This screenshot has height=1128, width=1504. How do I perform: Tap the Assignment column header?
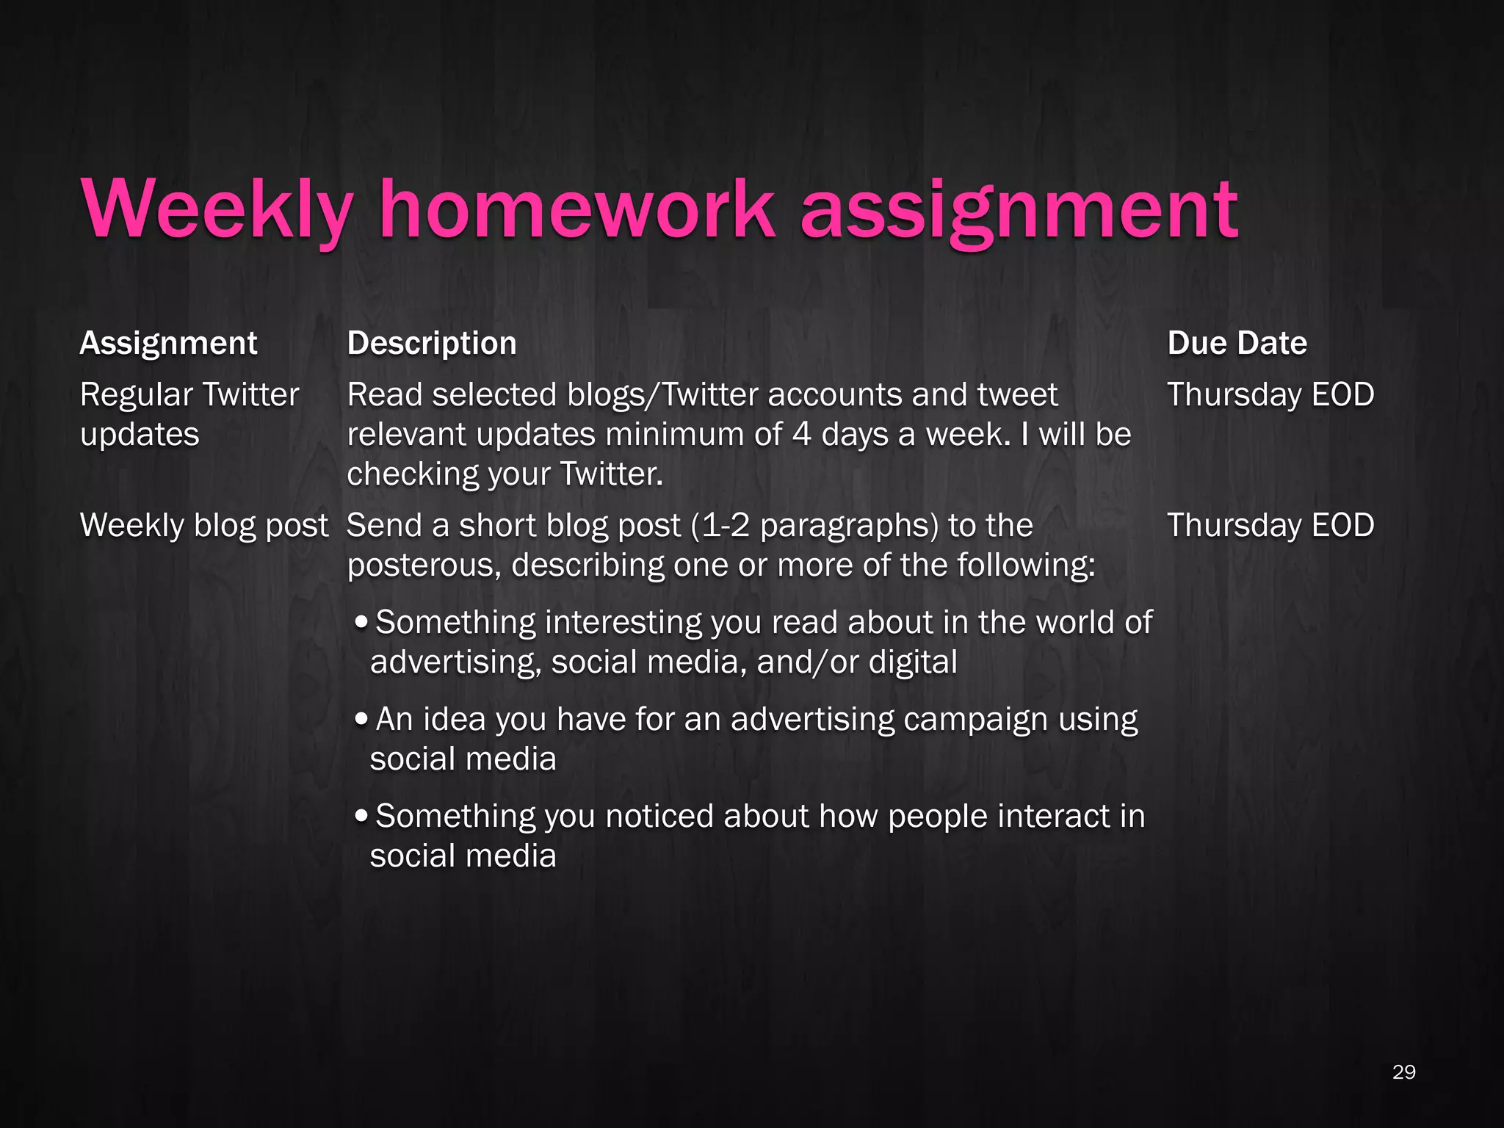[x=168, y=343]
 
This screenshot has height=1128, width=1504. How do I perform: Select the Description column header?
[x=432, y=343]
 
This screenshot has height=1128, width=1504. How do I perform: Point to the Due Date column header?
[x=1237, y=343]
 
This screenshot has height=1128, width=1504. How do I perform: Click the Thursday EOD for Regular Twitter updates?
[x=1270, y=394]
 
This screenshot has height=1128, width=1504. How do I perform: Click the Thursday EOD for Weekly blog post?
[x=1270, y=525]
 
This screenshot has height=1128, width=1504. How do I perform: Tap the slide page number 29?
[x=1403, y=1072]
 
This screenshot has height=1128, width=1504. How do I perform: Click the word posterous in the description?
[x=424, y=565]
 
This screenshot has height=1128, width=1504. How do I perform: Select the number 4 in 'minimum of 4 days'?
[x=802, y=434]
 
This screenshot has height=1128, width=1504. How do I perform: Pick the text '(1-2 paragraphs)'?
[x=820, y=526]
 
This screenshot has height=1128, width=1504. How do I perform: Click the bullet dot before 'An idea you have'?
[x=361, y=718]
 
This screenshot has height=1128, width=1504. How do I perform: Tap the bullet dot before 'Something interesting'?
[x=361, y=622]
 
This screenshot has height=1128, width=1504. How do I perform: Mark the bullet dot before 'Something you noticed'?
[x=361, y=815]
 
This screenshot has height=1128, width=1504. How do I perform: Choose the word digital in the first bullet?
[x=913, y=662]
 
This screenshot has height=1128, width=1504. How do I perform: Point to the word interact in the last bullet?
[x=1053, y=816]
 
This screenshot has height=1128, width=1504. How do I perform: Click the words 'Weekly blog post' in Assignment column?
[x=203, y=526]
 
